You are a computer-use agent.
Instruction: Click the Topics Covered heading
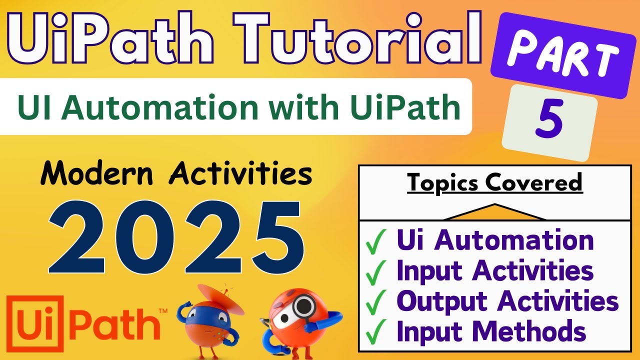point(495,182)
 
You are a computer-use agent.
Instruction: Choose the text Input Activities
point(495,271)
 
